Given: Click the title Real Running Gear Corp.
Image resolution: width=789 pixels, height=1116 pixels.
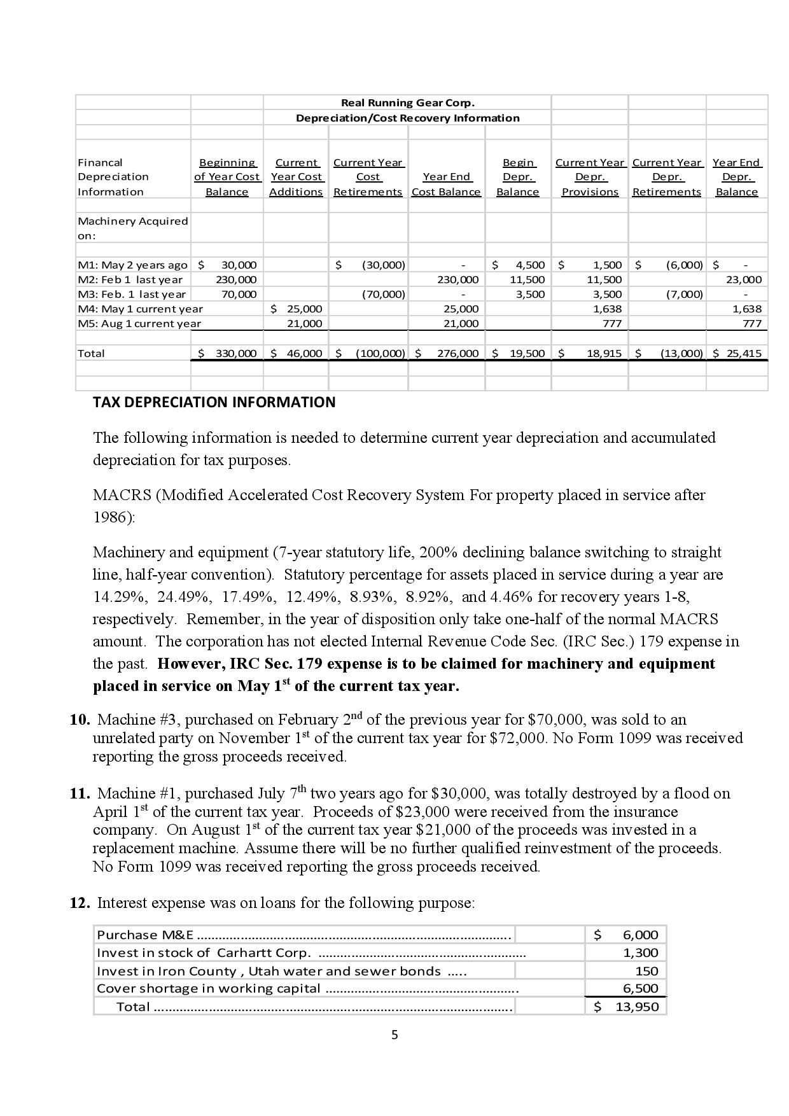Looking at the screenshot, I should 407,102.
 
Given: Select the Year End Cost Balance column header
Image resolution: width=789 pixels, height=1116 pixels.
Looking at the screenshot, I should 446,184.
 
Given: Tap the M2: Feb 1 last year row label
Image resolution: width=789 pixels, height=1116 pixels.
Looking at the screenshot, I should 130,279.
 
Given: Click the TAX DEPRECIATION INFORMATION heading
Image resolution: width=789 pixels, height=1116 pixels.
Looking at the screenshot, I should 214,402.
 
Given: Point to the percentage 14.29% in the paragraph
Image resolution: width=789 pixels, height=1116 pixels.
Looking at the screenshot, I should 120,597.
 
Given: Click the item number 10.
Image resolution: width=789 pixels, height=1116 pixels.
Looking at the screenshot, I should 79,720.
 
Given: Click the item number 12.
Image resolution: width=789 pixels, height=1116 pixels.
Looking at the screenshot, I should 79,903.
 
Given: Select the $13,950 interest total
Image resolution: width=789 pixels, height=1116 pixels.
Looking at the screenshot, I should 636,1007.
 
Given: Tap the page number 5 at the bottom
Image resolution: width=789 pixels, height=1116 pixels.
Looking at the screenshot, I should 394,1035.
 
